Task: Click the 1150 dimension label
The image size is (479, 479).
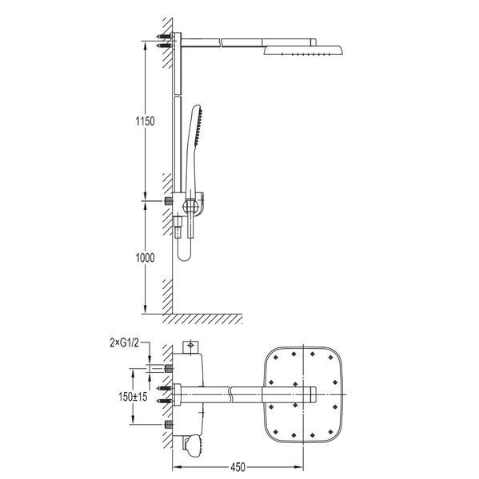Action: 145,121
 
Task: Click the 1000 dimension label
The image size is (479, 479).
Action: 145,258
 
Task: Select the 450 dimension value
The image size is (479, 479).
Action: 238,467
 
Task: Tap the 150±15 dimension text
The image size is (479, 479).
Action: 133,397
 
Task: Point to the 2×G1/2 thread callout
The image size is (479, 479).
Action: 124,342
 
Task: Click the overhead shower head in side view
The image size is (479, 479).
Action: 303,50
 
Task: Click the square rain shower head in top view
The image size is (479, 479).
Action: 303,394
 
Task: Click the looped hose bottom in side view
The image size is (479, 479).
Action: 184,256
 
